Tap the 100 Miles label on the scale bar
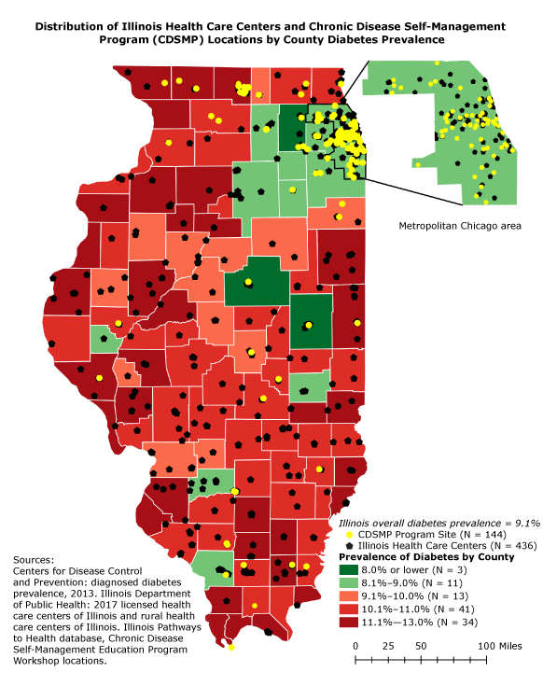coord(499,646)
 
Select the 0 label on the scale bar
coord(356,646)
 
